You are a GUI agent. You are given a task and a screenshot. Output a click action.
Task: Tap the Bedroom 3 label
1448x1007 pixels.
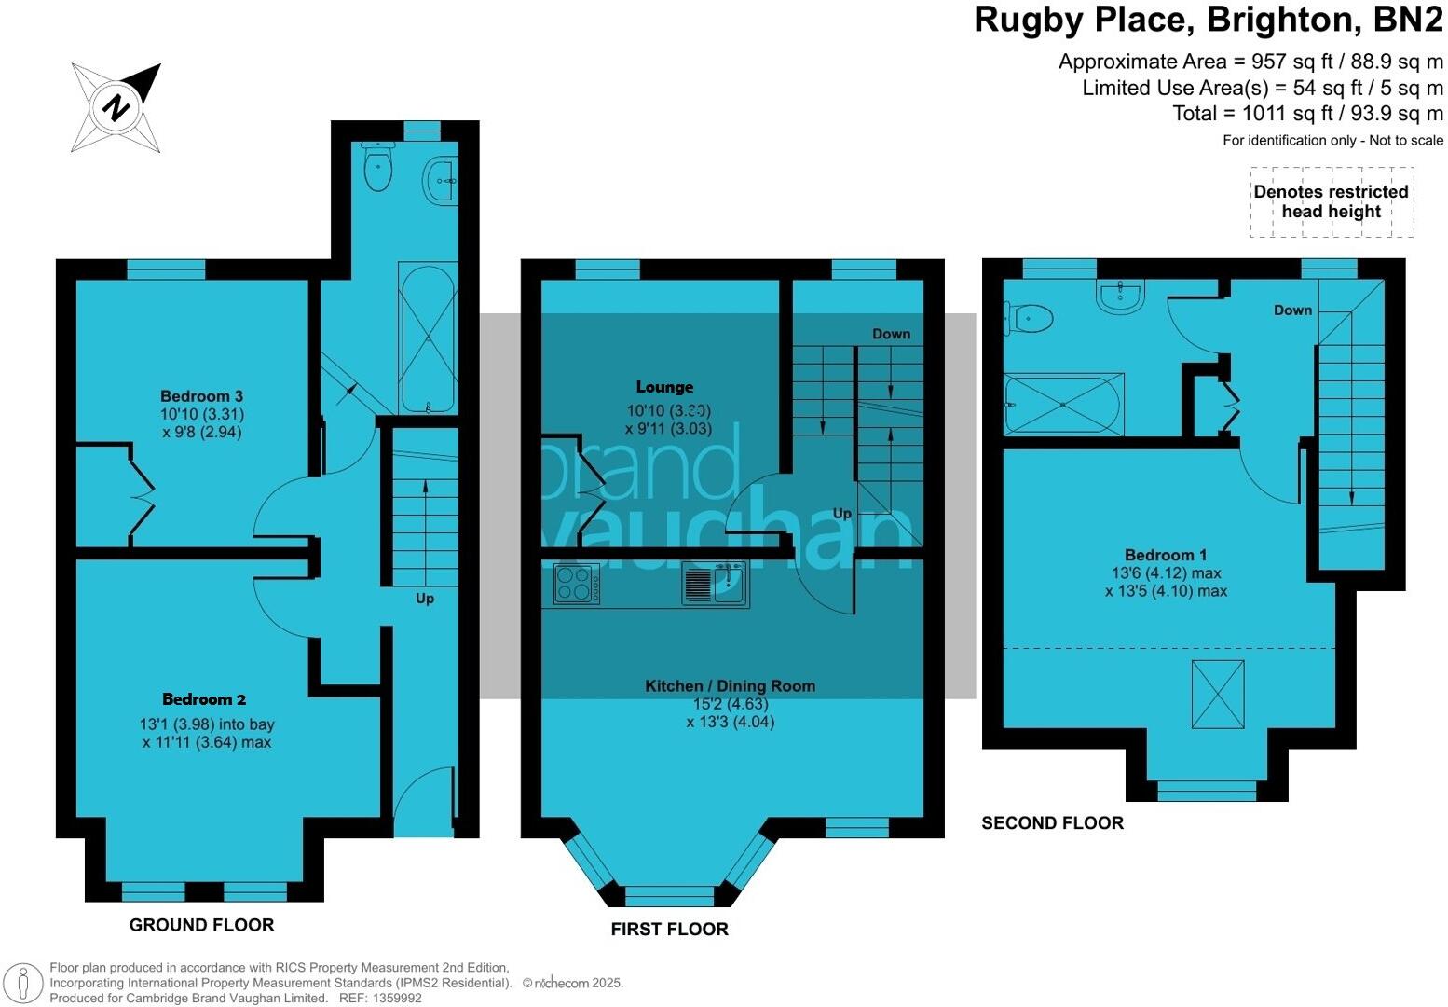click(x=201, y=396)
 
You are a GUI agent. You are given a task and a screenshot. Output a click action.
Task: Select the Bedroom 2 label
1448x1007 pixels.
click(x=204, y=699)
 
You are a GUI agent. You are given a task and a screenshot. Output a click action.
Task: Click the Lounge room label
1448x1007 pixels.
click(x=664, y=387)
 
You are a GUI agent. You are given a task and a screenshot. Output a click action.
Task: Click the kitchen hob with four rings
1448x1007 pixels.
click(x=577, y=585)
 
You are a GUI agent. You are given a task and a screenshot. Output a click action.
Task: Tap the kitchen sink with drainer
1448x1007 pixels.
click(x=715, y=585)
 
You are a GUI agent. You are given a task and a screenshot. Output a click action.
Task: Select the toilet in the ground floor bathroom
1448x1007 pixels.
click(x=377, y=168)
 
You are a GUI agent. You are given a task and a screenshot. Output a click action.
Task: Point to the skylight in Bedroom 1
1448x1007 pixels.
click(x=1218, y=695)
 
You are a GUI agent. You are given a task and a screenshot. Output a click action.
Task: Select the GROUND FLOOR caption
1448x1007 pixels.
click(x=201, y=925)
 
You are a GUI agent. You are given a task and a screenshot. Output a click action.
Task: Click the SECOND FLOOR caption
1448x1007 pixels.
click(x=1052, y=822)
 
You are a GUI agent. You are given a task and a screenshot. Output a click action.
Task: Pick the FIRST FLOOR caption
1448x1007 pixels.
click(x=669, y=929)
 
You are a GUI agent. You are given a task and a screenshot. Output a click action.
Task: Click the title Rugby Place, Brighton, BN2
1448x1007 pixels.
click(x=1208, y=20)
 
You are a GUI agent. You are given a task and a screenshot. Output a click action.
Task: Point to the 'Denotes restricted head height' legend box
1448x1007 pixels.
click(x=1331, y=202)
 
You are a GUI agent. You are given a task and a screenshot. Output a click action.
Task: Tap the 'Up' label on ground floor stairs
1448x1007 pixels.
click(x=424, y=599)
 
